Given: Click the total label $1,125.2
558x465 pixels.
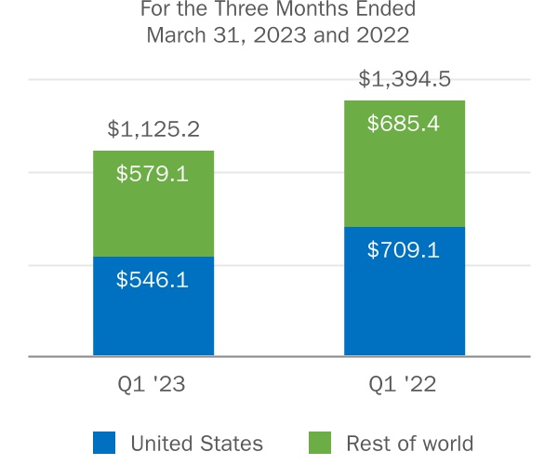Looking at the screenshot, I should (x=153, y=129).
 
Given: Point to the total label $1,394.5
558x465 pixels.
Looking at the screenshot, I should (x=405, y=79).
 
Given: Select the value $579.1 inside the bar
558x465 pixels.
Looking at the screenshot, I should (x=153, y=173).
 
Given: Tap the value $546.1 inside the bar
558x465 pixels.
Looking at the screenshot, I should (x=153, y=279).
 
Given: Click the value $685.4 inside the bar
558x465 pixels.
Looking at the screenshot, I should (x=404, y=123).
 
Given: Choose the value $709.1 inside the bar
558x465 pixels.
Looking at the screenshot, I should (x=404, y=250).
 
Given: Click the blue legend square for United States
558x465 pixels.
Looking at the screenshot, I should (x=104, y=443).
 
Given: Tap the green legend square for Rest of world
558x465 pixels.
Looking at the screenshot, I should (x=319, y=443).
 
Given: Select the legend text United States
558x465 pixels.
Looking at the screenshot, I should (x=197, y=444).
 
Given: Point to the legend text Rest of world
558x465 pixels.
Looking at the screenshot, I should (x=410, y=444).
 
